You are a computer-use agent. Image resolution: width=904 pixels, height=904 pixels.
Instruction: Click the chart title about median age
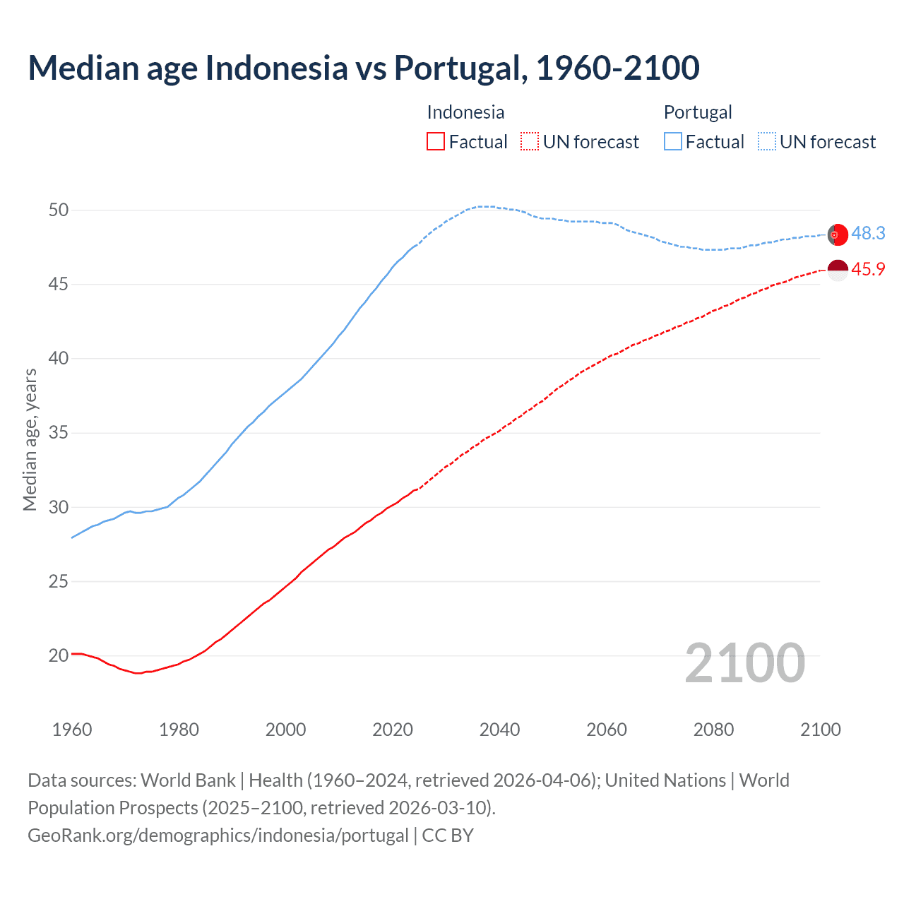(364, 68)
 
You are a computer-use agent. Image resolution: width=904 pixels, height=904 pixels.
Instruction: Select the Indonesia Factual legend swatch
(436, 142)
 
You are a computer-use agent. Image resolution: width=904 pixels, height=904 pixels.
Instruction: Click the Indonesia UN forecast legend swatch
(529, 142)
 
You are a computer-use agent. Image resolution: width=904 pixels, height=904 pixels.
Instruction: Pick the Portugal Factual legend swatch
(673, 142)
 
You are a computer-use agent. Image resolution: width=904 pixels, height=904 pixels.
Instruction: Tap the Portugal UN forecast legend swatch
(766, 142)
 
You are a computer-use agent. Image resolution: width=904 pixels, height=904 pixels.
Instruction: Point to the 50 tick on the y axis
(59, 210)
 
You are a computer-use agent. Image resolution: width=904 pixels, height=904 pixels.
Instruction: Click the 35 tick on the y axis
(59, 432)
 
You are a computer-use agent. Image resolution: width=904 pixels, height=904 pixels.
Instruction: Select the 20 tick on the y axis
(59, 655)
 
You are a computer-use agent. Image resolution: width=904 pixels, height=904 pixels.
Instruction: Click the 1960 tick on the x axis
(72, 730)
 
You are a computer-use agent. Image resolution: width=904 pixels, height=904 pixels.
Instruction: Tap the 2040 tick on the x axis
(499, 730)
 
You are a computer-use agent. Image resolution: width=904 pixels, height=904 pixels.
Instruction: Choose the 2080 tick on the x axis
(713, 730)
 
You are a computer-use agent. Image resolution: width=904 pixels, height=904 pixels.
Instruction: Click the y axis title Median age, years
(30, 439)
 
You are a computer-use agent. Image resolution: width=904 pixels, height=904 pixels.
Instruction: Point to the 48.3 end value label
(868, 234)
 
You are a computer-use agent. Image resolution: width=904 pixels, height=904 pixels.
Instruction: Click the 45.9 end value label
(868, 270)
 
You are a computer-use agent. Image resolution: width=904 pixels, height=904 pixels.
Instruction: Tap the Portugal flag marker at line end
(838, 234)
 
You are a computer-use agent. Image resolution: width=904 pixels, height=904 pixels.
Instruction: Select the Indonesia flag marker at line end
(838, 270)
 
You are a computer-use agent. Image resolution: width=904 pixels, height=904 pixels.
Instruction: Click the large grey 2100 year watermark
(744, 663)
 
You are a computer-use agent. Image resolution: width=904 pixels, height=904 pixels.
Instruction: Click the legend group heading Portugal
(698, 112)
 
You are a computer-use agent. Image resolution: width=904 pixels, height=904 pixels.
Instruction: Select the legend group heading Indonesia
(465, 112)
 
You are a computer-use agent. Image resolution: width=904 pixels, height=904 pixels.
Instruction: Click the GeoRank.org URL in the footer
(218, 835)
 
